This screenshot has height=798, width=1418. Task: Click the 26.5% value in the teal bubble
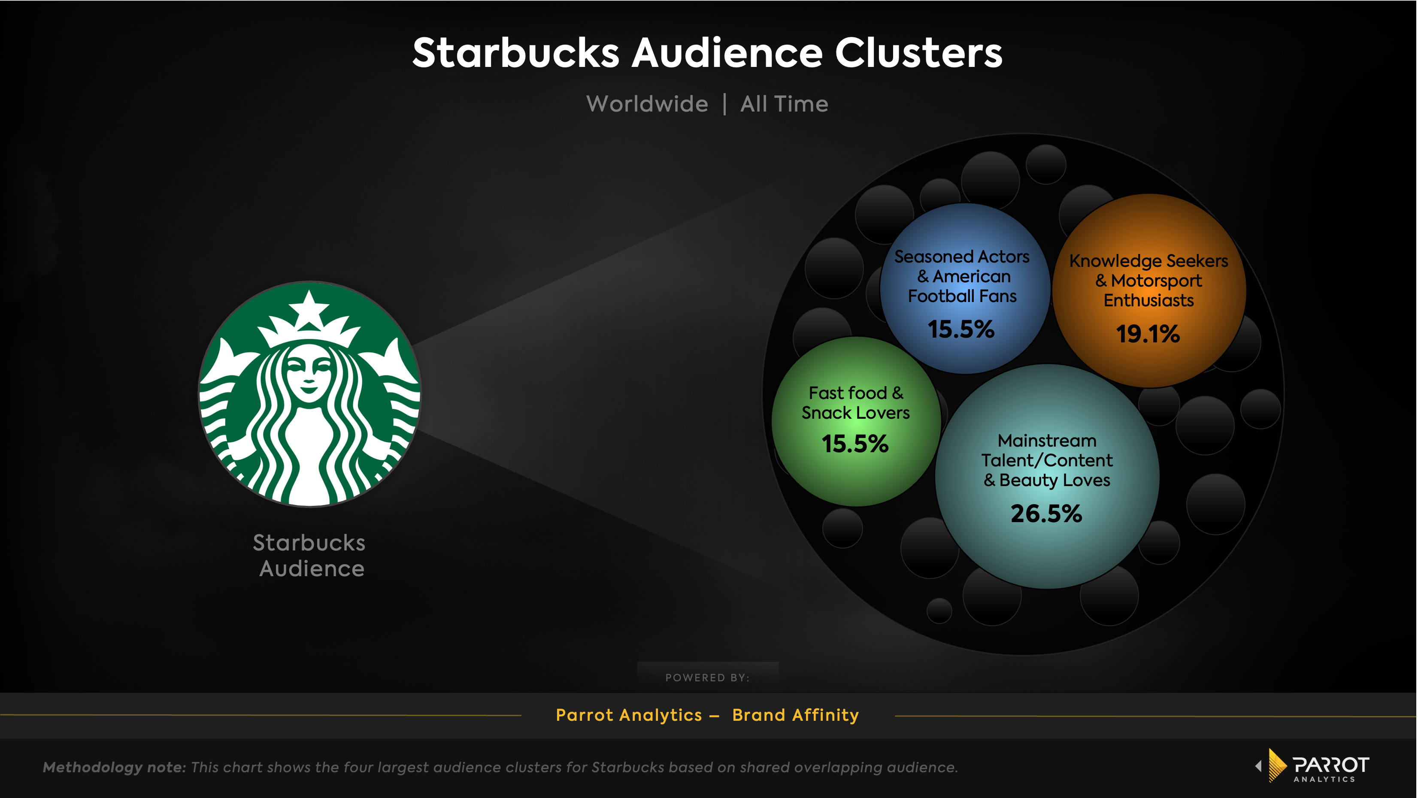point(1046,514)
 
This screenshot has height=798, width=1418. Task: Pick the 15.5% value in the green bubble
point(855,444)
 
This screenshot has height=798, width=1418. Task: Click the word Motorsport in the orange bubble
point(1156,281)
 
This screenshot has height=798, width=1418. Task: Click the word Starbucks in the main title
point(516,53)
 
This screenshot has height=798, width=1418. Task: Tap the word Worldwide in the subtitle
point(647,104)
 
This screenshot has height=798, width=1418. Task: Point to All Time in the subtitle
point(784,104)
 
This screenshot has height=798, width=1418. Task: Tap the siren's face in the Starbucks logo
point(309,374)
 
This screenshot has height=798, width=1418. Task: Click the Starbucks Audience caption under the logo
point(310,555)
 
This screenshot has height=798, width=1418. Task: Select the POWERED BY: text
point(707,677)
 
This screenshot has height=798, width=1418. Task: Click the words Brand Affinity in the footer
point(795,715)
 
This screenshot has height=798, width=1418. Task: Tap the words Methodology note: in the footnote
point(115,767)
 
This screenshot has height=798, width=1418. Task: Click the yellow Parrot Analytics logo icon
point(1276,765)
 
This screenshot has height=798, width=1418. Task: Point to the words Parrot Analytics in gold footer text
point(629,715)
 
